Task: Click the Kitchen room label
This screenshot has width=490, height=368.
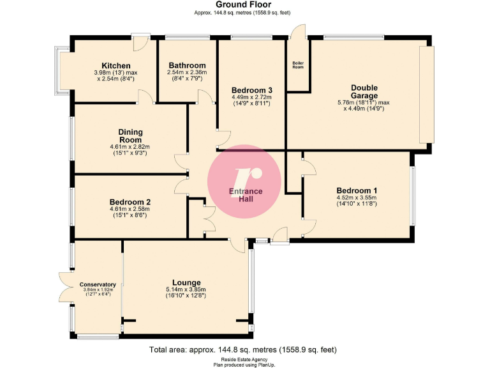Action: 115,66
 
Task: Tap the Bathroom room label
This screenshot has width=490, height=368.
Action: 187,65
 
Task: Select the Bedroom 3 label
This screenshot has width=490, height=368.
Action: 252,90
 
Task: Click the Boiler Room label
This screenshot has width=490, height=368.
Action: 298,65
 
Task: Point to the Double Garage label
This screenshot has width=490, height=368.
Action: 364,91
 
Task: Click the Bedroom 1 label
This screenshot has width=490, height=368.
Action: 357,190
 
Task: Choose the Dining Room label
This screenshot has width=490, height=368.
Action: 130,135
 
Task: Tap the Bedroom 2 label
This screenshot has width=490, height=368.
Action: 130,201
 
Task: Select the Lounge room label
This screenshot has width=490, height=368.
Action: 186,282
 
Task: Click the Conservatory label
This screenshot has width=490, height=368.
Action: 98,284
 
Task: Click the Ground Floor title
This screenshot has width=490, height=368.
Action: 245,4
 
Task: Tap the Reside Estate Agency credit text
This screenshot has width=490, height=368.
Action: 245,359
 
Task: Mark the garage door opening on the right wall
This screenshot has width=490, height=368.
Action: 426,95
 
